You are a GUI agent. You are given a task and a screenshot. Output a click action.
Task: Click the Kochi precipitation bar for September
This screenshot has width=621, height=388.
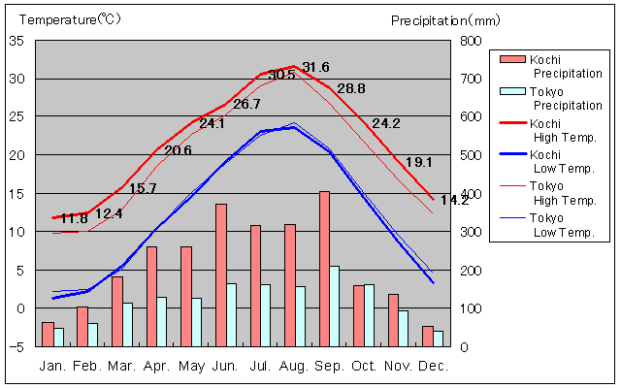point(324,269)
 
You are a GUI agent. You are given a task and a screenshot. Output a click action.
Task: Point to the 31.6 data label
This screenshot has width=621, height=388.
point(316,67)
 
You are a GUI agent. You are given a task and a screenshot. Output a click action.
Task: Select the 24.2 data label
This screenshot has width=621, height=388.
point(385,123)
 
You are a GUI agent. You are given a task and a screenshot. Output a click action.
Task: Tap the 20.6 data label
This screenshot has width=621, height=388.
point(178,150)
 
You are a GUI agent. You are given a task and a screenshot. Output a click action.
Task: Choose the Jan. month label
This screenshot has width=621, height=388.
point(52,366)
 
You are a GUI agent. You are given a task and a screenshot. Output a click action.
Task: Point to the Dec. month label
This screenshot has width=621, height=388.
point(433,366)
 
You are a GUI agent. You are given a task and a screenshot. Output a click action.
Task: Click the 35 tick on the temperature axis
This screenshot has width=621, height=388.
point(16,41)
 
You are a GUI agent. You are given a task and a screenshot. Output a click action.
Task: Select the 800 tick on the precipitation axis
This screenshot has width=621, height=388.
point(469,41)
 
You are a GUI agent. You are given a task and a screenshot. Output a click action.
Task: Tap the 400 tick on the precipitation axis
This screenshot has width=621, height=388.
point(469,194)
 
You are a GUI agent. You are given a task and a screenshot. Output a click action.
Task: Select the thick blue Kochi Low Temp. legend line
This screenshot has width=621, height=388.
point(511,154)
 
